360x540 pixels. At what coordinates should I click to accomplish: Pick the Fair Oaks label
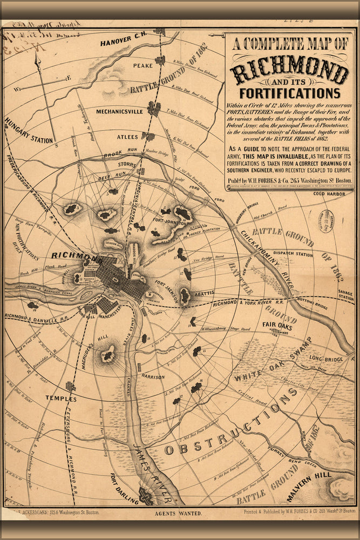pos(277,325)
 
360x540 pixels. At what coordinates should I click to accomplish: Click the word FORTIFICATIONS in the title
pos(290,93)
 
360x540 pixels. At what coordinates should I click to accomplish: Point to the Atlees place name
pos(127,137)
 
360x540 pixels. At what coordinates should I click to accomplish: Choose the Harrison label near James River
pos(153,376)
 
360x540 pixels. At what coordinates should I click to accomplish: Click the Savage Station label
pos(346,295)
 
